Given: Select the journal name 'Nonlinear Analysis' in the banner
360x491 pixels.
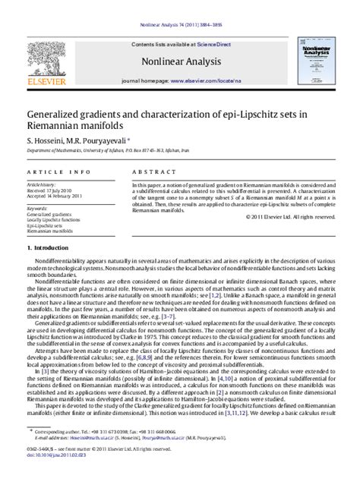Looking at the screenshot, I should click(179, 63).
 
